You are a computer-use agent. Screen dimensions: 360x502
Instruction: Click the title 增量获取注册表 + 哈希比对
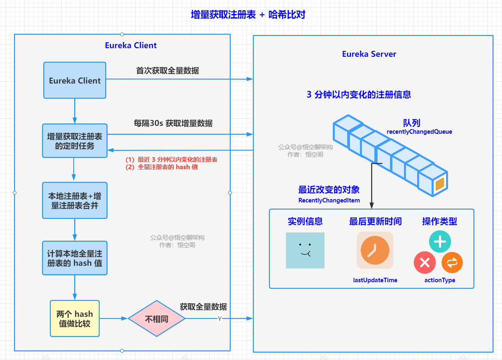tap(248, 15)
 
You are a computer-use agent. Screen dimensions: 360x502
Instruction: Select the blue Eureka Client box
tap(75, 81)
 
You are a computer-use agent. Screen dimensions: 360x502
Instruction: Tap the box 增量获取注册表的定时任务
tap(75, 141)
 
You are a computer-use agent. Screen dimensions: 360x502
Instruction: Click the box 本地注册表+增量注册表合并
tap(75, 200)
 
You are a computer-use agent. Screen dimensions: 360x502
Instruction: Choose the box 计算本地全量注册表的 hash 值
tap(75, 258)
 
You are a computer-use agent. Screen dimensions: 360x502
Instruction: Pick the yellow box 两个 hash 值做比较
tap(75, 318)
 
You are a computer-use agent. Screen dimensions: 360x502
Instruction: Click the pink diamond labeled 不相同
tap(156, 319)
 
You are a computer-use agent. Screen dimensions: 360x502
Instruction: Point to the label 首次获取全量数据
tap(168, 71)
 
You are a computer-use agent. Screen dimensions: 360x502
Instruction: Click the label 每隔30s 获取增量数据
tap(173, 123)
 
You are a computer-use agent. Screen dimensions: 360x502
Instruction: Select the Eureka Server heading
tap(369, 54)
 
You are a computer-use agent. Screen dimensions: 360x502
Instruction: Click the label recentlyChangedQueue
tap(419, 132)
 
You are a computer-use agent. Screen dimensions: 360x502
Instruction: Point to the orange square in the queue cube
tap(439, 184)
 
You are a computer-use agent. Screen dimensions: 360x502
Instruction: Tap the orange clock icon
tap(375, 250)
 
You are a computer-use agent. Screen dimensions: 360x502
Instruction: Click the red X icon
tap(425, 262)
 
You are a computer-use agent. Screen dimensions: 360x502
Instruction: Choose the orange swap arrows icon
tap(452, 262)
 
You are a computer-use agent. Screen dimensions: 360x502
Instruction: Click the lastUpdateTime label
tap(375, 280)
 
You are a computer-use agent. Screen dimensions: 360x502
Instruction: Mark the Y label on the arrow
tap(219, 319)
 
